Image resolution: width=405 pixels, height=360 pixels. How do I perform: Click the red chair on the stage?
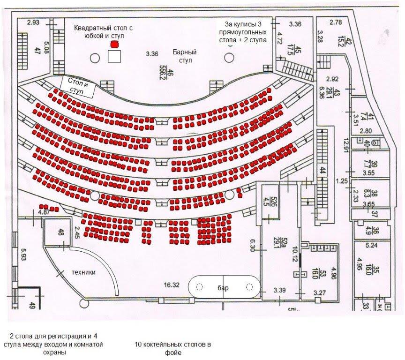pos(114,45)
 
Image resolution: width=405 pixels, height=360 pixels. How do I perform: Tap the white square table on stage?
pos(114,57)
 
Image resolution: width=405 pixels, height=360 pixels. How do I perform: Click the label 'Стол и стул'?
pos(79,87)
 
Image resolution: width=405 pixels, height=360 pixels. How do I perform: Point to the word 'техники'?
pos(84,272)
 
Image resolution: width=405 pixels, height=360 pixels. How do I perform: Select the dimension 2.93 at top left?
pos(33,22)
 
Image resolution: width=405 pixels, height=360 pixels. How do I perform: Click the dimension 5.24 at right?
pos(364,245)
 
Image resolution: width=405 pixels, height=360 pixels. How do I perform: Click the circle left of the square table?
pos(95,58)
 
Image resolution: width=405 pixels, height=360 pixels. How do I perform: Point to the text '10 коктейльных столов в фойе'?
pos(173,348)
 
